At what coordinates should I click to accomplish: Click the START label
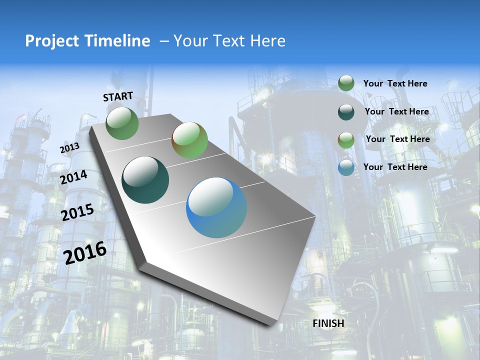tap(118, 96)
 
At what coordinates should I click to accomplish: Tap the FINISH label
tap(328, 323)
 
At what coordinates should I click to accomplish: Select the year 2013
tap(69, 148)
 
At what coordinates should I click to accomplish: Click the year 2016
tap(85, 252)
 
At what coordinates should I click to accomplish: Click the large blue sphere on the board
tap(216, 207)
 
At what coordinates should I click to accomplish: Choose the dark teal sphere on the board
tap(145, 180)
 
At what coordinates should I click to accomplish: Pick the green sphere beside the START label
tap(122, 123)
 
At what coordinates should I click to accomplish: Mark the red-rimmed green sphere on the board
tap(189, 140)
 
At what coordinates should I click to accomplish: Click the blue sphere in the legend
tap(346, 167)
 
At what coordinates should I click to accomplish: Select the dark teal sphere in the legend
tap(346, 112)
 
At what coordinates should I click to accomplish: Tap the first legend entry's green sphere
tap(346, 83)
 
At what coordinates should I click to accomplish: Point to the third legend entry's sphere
tap(346, 140)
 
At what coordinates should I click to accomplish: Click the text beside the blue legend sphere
tap(395, 167)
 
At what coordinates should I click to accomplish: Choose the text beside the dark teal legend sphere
tap(396, 111)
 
